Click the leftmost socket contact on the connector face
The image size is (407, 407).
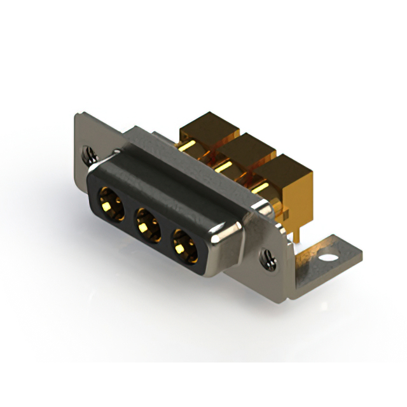109,203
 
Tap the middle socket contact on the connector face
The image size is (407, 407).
148,224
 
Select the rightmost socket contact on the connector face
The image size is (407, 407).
185,245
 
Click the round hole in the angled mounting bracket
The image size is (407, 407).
328,258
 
